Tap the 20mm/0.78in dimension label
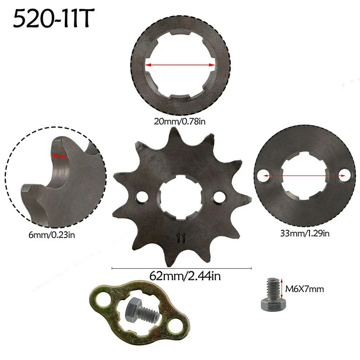(x=180, y=121)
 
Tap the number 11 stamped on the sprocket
(x=181, y=237)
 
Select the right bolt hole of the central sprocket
(x=220, y=197)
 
